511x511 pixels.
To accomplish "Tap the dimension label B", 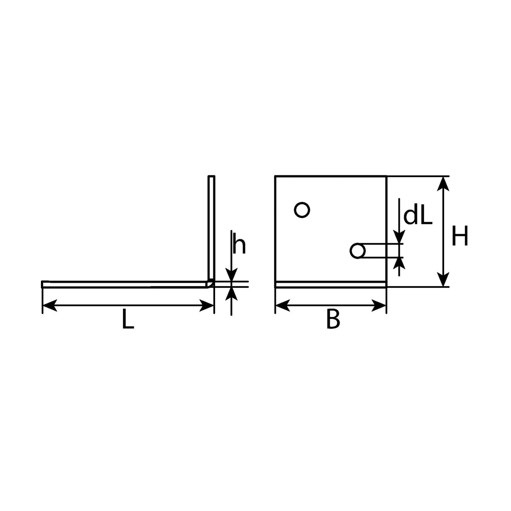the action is (333, 320).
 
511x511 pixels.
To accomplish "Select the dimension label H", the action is (460, 236).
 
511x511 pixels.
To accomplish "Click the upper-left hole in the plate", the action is (302, 210).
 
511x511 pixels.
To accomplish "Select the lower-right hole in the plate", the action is (358, 250).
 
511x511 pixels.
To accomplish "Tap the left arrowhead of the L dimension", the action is (49, 305).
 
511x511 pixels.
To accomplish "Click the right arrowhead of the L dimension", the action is (207, 305).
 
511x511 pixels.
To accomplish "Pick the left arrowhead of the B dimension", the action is (283, 305).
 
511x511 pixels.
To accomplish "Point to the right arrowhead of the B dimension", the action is (379, 305).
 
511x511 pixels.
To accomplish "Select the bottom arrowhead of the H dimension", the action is (443, 279).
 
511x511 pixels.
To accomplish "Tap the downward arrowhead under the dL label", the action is (399, 237).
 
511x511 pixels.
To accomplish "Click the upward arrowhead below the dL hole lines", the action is (399, 264).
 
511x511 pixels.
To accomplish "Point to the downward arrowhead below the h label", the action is (232, 275).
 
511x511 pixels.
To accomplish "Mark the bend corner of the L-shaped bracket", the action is (211, 284).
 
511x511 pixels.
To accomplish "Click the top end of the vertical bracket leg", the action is (211, 176).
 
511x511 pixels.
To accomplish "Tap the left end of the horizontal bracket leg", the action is (42, 284).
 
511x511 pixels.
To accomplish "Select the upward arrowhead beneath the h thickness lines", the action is (232, 293).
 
